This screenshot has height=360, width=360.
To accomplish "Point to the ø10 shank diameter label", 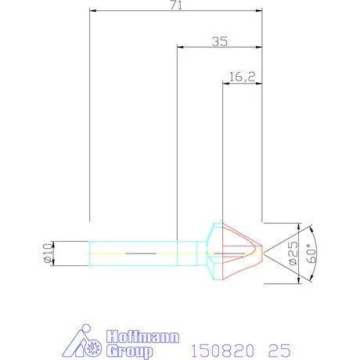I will click(47, 253).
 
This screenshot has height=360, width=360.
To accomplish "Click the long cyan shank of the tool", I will click(133, 253).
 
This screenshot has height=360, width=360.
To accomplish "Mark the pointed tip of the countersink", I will click(262, 253).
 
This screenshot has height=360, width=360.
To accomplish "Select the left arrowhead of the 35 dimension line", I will click(181, 47).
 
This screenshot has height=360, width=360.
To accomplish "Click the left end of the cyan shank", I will click(91, 253).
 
